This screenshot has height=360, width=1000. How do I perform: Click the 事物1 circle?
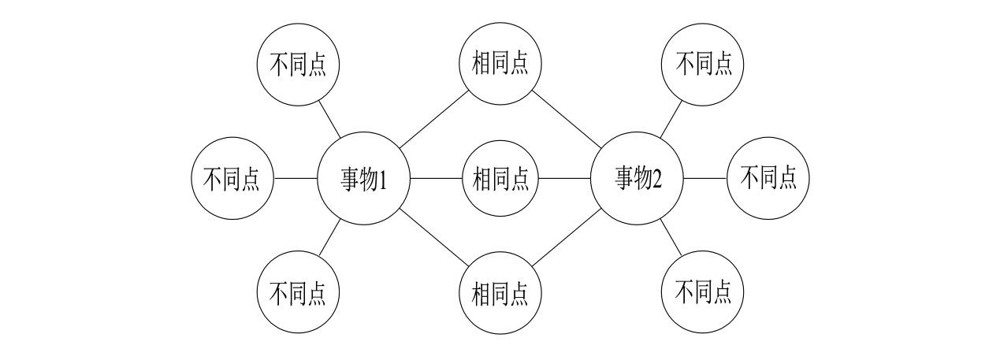[363, 179]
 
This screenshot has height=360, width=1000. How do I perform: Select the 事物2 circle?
[637, 179]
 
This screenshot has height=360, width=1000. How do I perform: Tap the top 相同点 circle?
[500, 64]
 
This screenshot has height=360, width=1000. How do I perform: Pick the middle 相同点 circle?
[500, 179]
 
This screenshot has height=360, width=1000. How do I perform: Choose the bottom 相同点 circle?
[500, 293]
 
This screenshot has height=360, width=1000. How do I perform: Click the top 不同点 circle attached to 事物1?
[298, 64]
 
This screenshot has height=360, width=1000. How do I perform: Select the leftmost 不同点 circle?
[232, 179]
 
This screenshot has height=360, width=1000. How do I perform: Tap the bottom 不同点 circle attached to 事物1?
[298, 293]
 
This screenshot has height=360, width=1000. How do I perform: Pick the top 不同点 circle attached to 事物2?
[703, 64]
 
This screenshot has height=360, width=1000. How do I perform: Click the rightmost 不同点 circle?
[768, 179]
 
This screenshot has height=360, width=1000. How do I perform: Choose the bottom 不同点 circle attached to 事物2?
[703, 293]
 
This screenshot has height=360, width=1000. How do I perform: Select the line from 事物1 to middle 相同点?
[435, 179]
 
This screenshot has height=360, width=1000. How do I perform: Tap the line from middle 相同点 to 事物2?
[565, 179]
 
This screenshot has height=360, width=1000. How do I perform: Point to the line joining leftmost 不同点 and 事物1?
[295, 179]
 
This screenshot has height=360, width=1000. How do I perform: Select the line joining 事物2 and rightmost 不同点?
[704, 179]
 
